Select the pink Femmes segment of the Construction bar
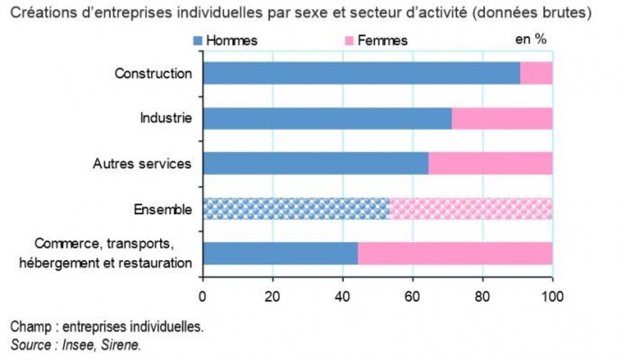(x=536, y=73)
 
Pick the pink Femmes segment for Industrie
(x=502, y=118)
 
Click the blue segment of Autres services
(x=316, y=163)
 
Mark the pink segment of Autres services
(x=490, y=163)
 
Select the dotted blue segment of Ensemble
(x=296, y=209)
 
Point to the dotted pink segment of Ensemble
(x=470, y=209)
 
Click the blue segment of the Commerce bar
(x=281, y=254)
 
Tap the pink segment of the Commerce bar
(x=455, y=254)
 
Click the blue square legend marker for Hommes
(x=197, y=40)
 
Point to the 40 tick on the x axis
(x=343, y=294)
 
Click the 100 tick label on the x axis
(x=551, y=294)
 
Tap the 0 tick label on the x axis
(x=203, y=294)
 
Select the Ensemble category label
(x=163, y=209)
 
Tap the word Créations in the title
(x=41, y=13)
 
